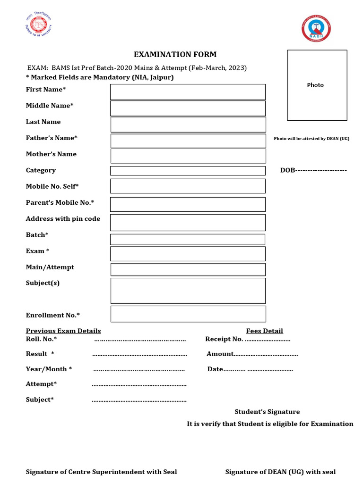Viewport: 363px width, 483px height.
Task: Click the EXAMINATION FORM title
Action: click(x=175, y=54)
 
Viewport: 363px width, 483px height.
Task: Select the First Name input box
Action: click(x=188, y=92)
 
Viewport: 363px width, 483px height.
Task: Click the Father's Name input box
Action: click(x=188, y=141)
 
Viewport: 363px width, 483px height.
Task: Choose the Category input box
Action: click(x=188, y=171)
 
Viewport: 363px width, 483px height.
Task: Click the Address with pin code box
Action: click(x=188, y=223)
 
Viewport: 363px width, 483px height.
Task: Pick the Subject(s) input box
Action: click(x=188, y=291)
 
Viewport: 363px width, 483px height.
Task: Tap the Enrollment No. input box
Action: click(x=188, y=314)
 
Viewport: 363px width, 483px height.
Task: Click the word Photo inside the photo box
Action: click(x=315, y=85)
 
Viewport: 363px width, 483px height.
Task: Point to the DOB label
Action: click(x=287, y=170)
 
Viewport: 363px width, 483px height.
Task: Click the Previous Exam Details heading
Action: click(x=63, y=331)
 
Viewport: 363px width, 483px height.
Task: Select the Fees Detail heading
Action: click(x=264, y=331)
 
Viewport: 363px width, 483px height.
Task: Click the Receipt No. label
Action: click(x=224, y=339)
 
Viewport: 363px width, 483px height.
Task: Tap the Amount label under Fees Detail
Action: click(x=220, y=354)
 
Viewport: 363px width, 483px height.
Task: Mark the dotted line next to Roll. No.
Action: click(x=140, y=339)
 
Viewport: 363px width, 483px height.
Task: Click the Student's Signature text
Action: click(x=267, y=412)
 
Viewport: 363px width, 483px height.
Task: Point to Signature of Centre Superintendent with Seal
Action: click(x=101, y=472)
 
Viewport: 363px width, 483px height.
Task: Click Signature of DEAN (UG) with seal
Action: click(x=280, y=472)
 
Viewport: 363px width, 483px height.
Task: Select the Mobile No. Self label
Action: click(x=52, y=186)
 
